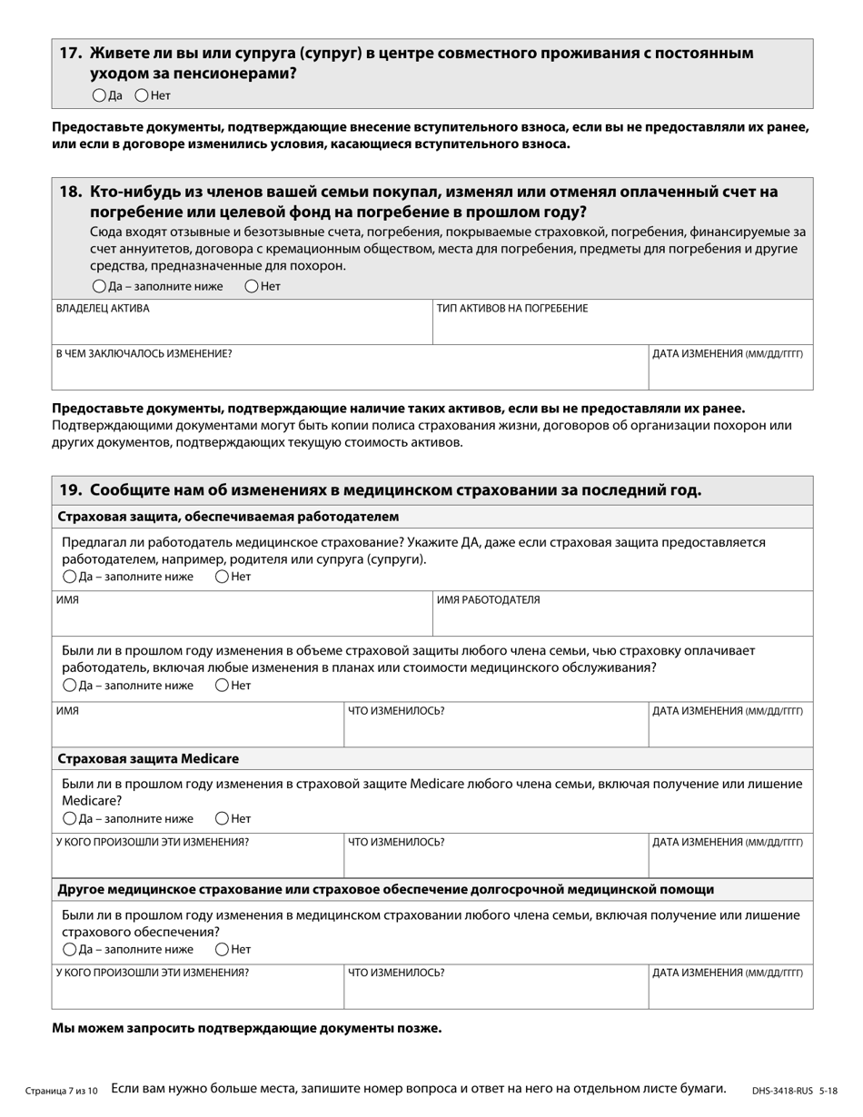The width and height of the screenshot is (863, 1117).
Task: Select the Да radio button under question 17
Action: click(99, 95)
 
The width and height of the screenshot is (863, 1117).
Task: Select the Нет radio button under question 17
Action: click(142, 95)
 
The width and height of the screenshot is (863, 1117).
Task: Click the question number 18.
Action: click(71, 192)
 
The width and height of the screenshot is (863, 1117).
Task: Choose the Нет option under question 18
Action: click(252, 286)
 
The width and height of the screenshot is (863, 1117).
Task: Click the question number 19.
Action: click(71, 490)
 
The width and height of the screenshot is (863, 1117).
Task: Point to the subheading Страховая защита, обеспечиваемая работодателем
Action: click(228, 517)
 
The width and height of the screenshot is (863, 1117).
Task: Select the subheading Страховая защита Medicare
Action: click(148, 758)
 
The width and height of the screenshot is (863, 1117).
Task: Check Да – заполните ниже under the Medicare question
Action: click(70, 819)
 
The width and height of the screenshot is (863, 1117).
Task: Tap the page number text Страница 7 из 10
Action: click(61, 1090)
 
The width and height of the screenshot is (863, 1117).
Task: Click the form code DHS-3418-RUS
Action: click(782, 1090)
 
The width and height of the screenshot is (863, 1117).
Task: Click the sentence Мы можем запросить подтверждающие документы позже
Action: click(247, 1028)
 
